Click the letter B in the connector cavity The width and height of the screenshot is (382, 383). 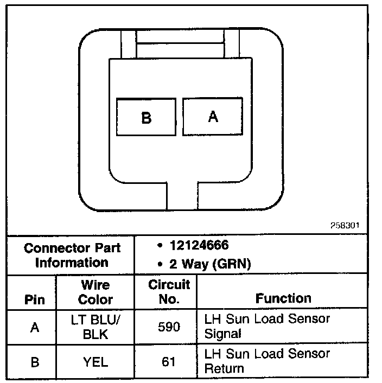pos(146,117)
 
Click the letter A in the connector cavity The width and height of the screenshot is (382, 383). pos(213,116)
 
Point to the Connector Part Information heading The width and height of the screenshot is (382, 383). pos(72,256)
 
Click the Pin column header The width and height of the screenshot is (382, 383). pos(34,299)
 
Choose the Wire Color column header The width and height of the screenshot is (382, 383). pos(95,292)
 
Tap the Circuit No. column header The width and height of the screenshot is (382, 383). pos(169,292)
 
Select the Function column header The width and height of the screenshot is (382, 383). pos(283,298)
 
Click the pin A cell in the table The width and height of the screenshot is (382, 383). pos(34,328)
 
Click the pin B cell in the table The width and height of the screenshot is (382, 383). pos(34,362)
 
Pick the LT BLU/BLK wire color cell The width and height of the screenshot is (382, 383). pos(95,327)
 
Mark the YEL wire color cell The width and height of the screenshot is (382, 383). pos(95,362)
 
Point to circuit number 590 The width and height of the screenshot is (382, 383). pos(169,327)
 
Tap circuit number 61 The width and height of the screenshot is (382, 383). pos(169,362)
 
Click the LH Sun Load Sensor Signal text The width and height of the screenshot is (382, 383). pos(267,325)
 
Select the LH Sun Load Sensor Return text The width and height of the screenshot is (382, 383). pos(267,361)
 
